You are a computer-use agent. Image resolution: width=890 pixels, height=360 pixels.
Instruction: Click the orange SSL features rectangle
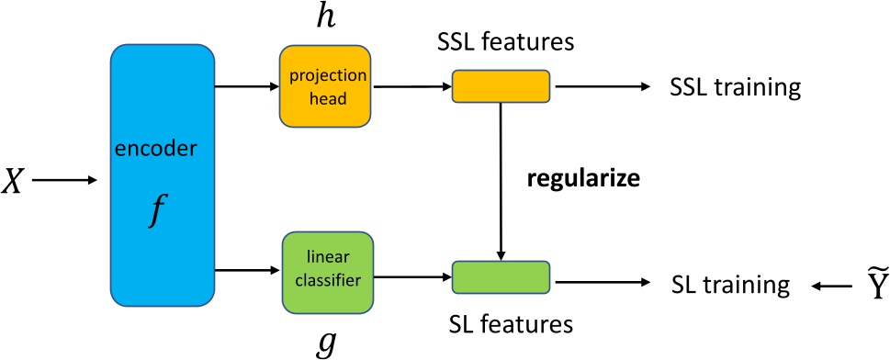tap(501, 86)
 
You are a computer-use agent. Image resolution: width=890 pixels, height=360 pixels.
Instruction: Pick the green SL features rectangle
tap(501, 276)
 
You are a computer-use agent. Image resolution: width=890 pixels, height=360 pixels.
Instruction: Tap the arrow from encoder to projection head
tap(246, 87)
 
